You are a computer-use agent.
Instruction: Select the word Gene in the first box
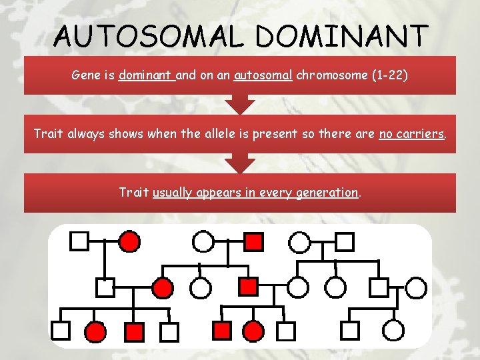click(x=85, y=75)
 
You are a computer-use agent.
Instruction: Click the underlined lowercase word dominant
click(x=146, y=75)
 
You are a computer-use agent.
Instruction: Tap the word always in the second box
click(x=86, y=133)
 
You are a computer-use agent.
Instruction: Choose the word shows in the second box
click(x=128, y=133)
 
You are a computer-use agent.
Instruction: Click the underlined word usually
click(x=174, y=193)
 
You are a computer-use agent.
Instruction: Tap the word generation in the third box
click(x=327, y=193)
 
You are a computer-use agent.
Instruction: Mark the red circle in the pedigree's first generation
click(x=130, y=241)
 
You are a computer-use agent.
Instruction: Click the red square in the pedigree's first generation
click(x=254, y=241)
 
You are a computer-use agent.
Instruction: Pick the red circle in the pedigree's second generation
click(x=163, y=288)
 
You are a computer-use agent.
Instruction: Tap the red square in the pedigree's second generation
click(x=248, y=287)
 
